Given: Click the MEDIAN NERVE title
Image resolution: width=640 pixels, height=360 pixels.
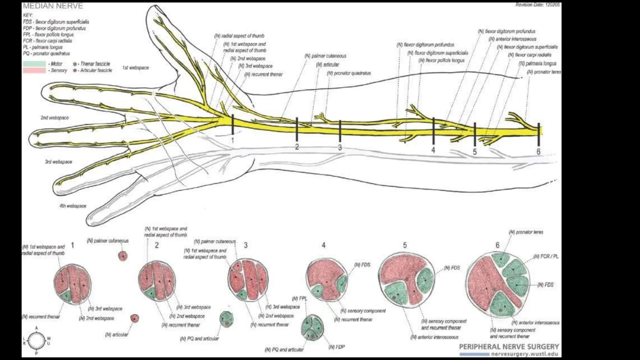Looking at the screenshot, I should [53, 6].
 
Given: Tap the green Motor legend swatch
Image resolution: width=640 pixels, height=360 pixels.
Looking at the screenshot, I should [34, 64].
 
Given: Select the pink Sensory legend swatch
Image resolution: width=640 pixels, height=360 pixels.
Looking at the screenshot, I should [34, 71].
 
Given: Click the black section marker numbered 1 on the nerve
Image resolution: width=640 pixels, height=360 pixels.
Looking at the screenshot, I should [232, 124].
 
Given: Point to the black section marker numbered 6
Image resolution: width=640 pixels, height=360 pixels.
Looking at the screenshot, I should [538, 134].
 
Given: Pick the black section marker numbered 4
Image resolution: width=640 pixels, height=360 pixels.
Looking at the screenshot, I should [433, 131].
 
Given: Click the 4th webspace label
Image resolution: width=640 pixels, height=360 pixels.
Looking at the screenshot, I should [73, 206].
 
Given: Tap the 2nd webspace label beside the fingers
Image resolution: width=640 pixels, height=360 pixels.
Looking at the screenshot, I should [55, 118].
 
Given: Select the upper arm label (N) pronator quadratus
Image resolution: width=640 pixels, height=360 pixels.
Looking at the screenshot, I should [349, 73].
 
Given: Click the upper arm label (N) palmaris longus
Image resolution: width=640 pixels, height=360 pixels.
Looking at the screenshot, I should [537, 63].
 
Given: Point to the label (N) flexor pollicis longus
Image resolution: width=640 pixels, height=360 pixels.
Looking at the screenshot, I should [442, 60].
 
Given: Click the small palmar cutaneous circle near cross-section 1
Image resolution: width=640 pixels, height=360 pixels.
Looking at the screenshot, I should [123, 256].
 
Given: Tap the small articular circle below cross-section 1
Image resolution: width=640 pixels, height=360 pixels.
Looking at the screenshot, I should [135, 318].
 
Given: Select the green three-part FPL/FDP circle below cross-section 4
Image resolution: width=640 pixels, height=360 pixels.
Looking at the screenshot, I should [312, 327].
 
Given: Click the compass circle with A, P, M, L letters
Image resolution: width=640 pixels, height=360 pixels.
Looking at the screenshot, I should [37, 341].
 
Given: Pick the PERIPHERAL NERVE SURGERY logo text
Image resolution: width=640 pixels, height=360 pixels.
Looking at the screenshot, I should [509, 347].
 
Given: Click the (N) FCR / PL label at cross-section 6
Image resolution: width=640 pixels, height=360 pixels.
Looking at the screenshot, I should [546, 257].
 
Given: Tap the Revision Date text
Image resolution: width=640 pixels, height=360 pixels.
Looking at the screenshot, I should [537, 5].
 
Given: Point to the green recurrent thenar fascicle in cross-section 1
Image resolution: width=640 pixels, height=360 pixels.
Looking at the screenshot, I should [66, 295].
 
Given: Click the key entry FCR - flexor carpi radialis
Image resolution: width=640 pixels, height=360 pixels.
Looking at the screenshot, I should [47, 41].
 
